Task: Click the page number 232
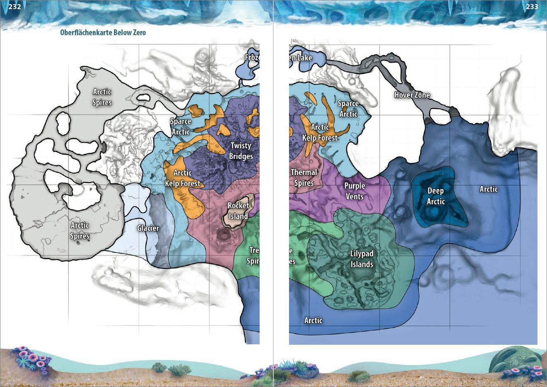pyautogui.click(x=14, y=6)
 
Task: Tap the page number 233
pyautogui.click(x=532, y=6)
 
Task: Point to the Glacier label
pyautogui.click(x=148, y=228)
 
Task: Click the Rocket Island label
pyautogui.click(x=238, y=211)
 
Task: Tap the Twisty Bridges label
pyautogui.click(x=241, y=151)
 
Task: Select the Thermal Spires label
pyautogui.click(x=304, y=178)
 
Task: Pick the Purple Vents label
pyautogui.click(x=354, y=191)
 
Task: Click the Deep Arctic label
pyautogui.click(x=436, y=196)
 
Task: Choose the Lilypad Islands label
pyautogui.click(x=361, y=259)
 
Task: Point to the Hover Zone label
pyautogui.click(x=412, y=95)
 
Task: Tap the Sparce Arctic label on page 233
pyautogui.click(x=348, y=108)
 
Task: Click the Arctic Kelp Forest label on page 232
pyautogui.click(x=182, y=178)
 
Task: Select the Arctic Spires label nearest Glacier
pyautogui.click(x=80, y=231)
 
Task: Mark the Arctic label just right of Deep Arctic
pyautogui.click(x=488, y=189)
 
